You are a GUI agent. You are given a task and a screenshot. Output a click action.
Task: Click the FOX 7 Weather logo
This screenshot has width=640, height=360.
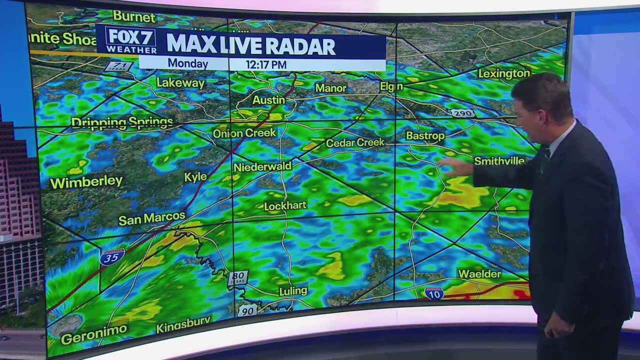coord(131,40)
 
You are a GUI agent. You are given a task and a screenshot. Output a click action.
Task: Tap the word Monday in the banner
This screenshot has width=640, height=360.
coord(187,63)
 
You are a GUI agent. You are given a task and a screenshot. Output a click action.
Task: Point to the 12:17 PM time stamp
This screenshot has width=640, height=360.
coord(265,64)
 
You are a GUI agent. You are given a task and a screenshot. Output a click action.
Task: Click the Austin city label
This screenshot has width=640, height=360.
coord(268,100)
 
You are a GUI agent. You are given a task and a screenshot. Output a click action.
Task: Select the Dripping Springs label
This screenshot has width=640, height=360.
coord(122,122)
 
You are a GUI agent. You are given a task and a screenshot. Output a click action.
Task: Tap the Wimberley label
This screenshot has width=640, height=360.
coord(86,182)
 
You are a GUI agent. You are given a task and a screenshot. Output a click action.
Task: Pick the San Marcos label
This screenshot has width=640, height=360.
coord(151,218)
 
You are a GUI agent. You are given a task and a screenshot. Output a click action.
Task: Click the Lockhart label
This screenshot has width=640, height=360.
coord(285,205)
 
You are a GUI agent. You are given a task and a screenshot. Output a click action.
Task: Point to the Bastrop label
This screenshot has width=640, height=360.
coord(425,135)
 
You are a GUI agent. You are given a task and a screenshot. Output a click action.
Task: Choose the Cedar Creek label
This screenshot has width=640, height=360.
coord(355,143)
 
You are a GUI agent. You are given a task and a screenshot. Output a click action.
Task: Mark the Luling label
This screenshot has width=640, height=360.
coord(293,290)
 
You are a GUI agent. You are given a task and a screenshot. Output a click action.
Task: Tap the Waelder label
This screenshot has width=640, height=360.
coord(479,274)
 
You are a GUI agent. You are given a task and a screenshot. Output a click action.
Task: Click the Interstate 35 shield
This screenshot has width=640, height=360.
coord(112,257)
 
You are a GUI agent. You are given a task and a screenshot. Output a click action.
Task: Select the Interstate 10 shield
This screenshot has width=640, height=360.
coord(434,293)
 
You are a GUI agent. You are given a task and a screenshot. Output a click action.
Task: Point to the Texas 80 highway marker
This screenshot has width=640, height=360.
coord(237,278)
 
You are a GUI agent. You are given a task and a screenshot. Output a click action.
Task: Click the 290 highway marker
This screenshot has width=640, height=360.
coord(462,113)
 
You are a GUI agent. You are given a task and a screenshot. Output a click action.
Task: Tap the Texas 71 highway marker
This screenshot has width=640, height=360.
coord(118,66)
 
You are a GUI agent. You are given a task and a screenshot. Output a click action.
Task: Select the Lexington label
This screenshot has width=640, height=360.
coord(503,74)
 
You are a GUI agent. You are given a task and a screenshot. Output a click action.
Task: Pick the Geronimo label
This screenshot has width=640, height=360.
coord(94,334)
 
